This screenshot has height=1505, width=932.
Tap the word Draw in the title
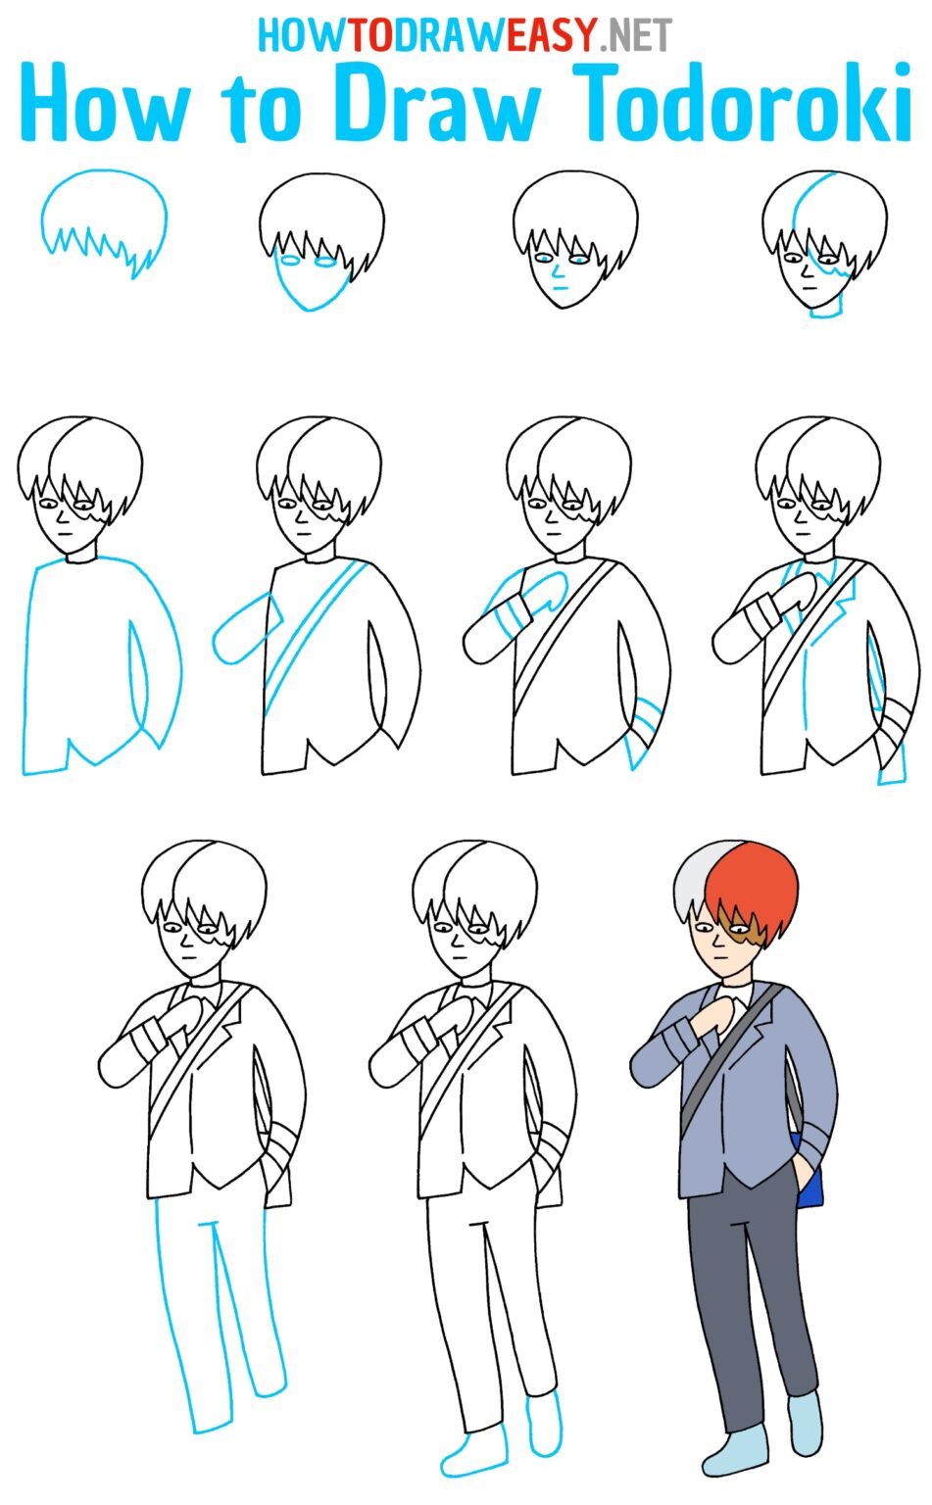[436, 105]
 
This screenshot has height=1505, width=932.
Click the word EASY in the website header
[553, 35]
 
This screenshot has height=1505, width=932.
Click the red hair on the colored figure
[755, 882]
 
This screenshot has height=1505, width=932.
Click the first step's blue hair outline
[103, 191]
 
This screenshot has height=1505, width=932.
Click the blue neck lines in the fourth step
[826, 308]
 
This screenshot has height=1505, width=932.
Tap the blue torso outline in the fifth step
[29, 666]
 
